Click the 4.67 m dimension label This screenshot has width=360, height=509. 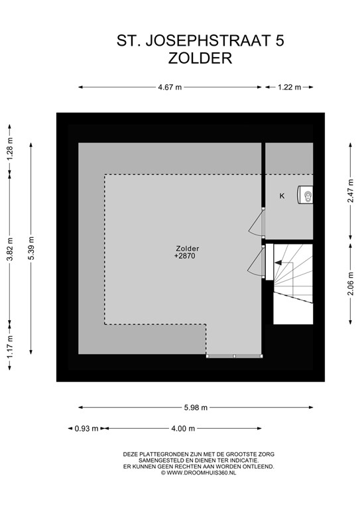coord(170,87)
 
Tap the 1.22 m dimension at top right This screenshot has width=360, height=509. coord(288,87)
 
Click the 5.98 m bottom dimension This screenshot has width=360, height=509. coord(195,407)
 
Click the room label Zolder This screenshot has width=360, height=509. coord(187,249)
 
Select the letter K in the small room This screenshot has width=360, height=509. coord(282,196)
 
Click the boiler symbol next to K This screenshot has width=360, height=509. coord(306,195)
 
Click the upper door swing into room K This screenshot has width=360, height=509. coord(256,223)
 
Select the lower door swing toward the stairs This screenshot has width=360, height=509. coord(256,261)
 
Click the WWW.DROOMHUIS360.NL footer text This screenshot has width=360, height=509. coord(198,472)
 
